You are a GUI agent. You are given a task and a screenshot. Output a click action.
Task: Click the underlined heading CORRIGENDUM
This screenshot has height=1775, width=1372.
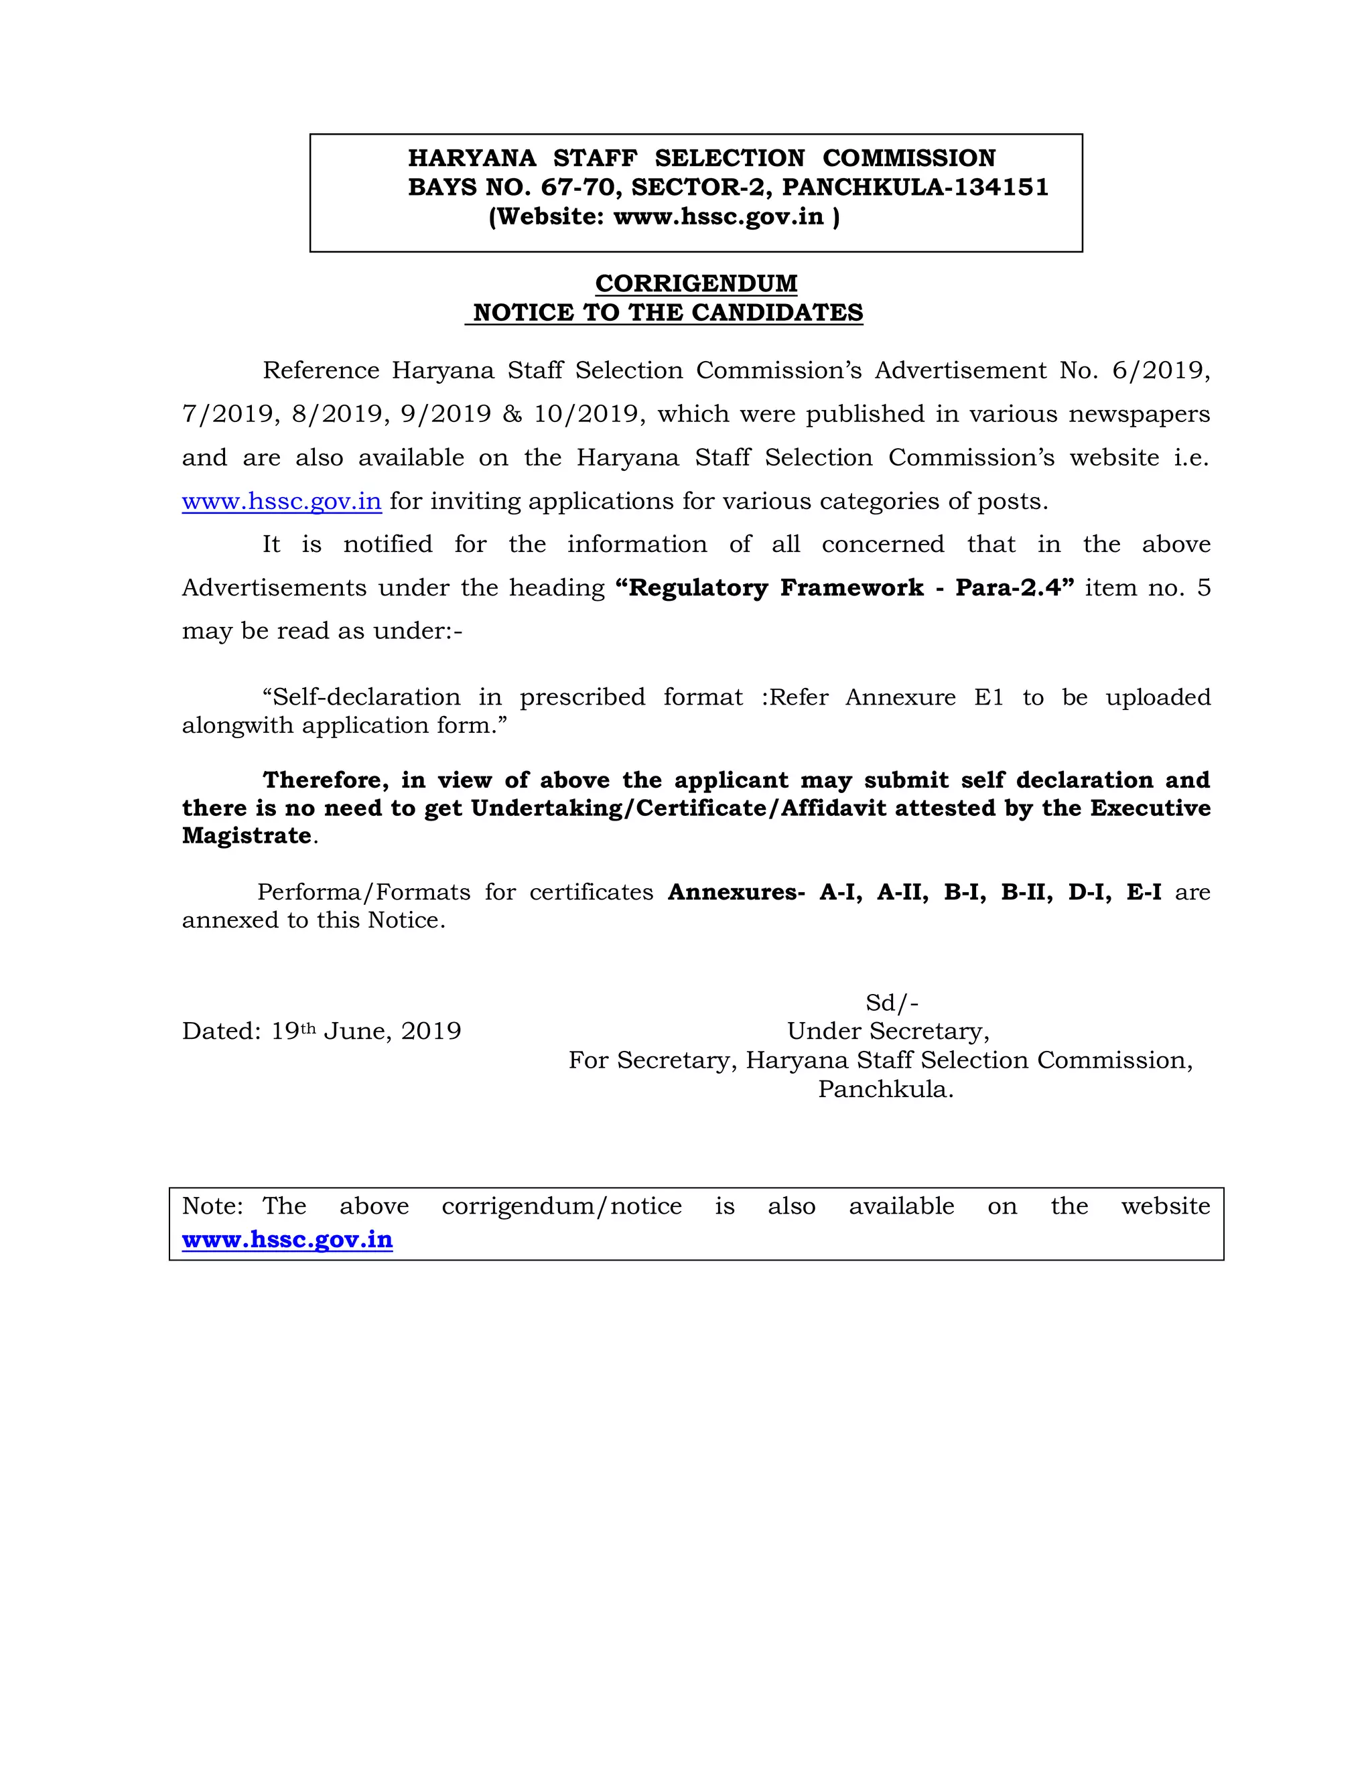[x=696, y=283]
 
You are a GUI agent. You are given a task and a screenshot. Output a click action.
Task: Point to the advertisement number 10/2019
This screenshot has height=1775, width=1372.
[x=588, y=414]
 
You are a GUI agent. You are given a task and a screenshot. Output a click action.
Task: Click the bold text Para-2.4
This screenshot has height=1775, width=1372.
[x=1009, y=587]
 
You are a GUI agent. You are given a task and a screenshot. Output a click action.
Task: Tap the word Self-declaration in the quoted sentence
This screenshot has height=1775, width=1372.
[x=366, y=697]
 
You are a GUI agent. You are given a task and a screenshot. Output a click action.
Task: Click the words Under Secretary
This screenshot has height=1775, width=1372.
[x=888, y=1032]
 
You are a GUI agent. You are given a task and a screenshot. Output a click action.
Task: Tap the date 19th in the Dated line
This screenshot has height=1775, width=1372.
[x=293, y=1031]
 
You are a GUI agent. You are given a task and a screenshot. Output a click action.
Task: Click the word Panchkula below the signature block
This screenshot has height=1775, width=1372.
[x=884, y=1089]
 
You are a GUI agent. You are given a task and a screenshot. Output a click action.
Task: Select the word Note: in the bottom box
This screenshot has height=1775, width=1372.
[x=212, y=1206]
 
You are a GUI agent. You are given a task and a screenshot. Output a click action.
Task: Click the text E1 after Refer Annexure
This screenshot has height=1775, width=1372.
[x=988, y=697]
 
